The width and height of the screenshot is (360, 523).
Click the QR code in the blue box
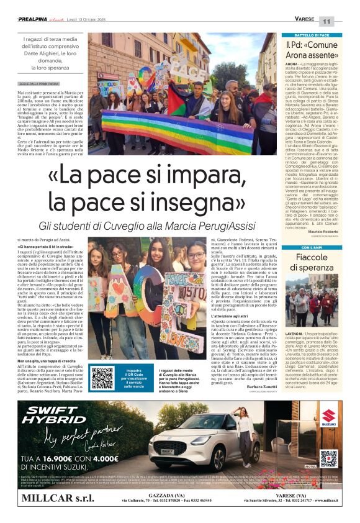pyautogui.click(x=102, y=378)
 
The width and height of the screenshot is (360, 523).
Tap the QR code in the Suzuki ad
pyautogui.click(x=328, y=459)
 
